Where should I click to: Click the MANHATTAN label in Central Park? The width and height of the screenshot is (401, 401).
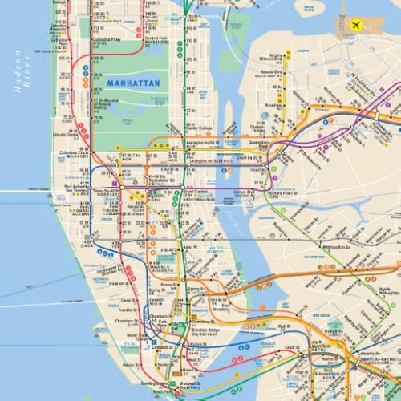(132, 83)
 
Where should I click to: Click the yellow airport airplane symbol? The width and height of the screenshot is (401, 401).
(354, 24)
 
